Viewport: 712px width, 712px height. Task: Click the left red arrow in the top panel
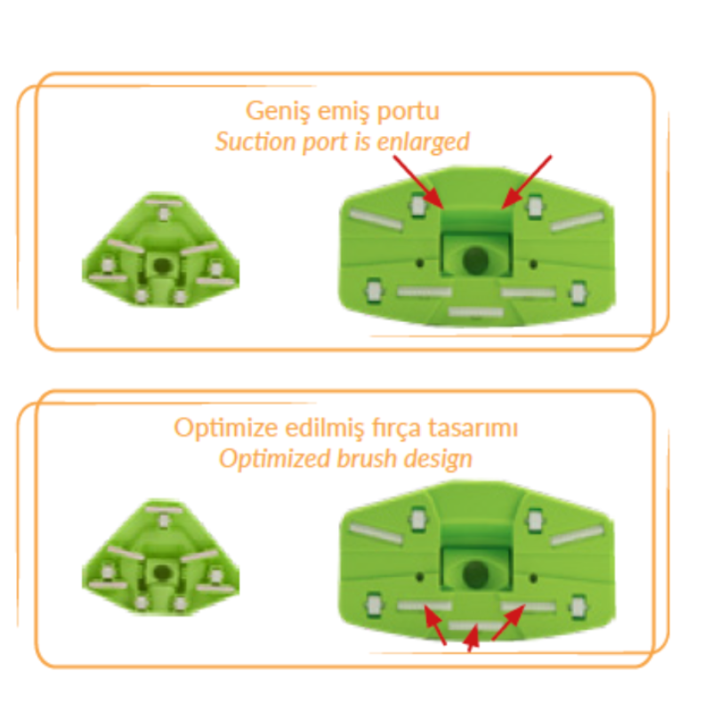click(x=418, y=182)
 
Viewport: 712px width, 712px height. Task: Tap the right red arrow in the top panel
click(x=527, y=182)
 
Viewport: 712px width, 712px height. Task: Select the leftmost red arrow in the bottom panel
click(x=434, y=626)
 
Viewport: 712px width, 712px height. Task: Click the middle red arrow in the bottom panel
click(x=472, y=637)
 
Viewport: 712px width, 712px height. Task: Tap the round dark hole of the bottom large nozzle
click(x=475, y=574)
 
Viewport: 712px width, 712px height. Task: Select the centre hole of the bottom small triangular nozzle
click(x=160, y=572)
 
